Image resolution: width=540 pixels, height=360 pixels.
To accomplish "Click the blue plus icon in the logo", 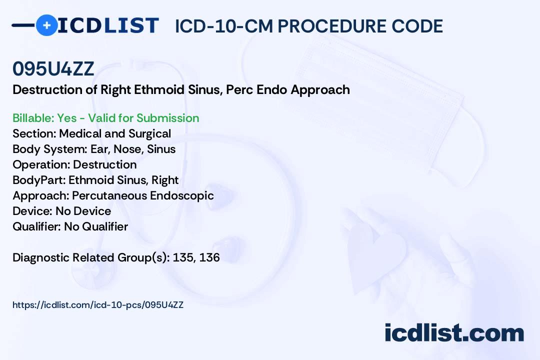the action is pyautogui.click(x=46, y=25).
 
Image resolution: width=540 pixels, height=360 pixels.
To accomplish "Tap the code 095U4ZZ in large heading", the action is pyautogui.click(x=53, y=68).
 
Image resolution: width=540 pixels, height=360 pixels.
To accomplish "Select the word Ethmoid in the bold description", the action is pyautogui.click(x=159, y=90).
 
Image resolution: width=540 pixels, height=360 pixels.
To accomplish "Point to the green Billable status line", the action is pyautogui.click(x=105, y=118).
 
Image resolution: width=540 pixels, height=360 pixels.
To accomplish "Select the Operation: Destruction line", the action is pyautogui.click(x=74, y=164).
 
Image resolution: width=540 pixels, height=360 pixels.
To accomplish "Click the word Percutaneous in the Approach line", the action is pyautogui.click(x=109, y=195).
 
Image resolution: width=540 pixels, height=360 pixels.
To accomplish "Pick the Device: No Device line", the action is pyautogui.click(x=62, y=211).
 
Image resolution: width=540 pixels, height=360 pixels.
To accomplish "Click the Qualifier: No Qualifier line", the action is pyautogui.click(x=70, y=226).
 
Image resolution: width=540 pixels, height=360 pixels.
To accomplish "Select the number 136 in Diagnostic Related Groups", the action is pyautogui.click(x=209, y=257).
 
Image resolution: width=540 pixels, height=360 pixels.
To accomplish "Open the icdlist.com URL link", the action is pyautogui.click(x=98, y=305).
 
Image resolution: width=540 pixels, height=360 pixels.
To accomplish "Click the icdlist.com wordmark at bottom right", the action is pyautogui.click(x=454, y=332).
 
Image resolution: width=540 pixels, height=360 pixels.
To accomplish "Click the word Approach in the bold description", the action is pyautogui.click(x=320, y=90).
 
